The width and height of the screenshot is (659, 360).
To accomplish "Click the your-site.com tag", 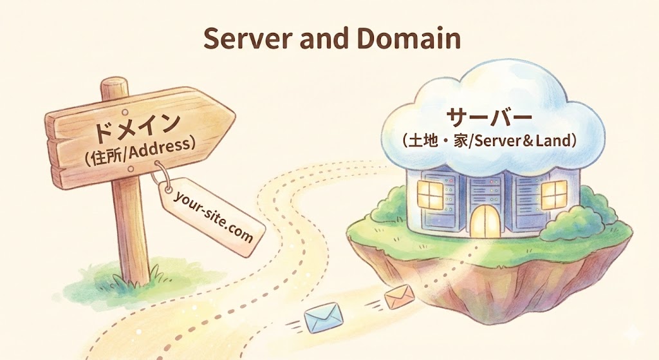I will tap(212, 216).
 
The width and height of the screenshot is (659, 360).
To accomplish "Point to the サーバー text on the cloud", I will tap(490, 118).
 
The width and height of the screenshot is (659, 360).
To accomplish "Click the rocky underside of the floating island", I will tap(515, 290).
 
